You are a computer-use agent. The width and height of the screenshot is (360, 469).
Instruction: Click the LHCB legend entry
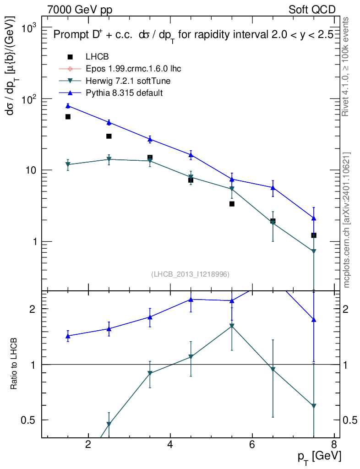[x=97, y=57]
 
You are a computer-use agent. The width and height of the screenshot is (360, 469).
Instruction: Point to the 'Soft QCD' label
[x=312, y=10]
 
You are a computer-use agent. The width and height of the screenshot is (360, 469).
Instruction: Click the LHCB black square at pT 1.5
[x=68, y=117]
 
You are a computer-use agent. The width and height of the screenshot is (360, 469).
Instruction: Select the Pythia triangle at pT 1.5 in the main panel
[x=68, y=106]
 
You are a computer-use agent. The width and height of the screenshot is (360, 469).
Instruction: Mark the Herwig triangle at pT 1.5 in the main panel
[x=68, y=165]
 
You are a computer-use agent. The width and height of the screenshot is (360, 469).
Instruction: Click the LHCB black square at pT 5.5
[x=232, y=204]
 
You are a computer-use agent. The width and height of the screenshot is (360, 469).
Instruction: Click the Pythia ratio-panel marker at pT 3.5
[x=150, y=317]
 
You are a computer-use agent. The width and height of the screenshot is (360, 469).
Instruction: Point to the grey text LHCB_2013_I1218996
[x=190, y=274]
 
